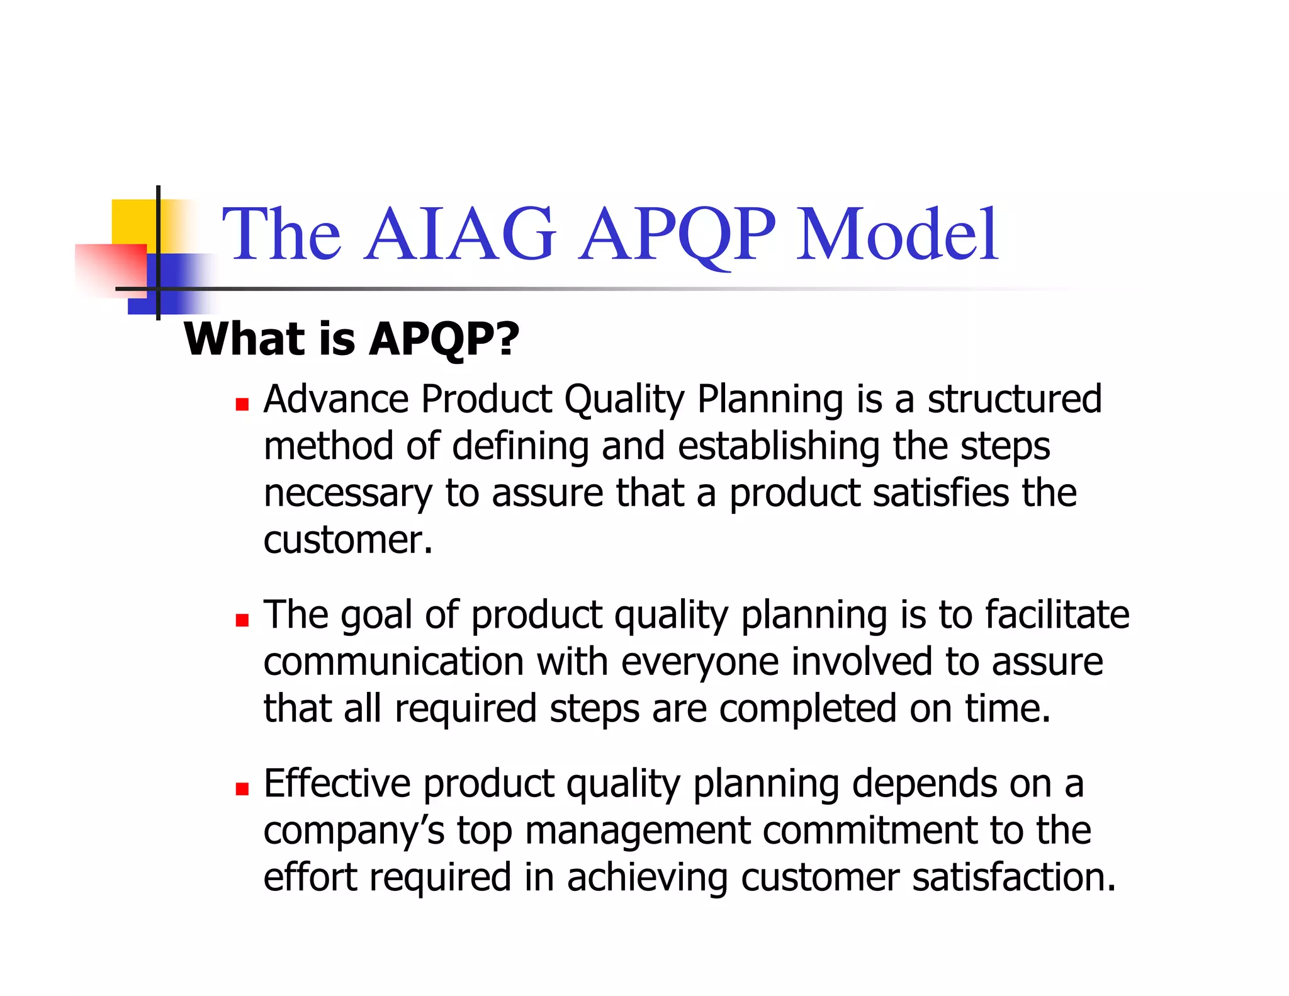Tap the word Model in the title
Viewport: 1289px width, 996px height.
point(896,234)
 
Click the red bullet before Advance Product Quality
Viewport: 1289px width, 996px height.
point(242,404)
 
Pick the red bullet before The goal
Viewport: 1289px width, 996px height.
point(242,620)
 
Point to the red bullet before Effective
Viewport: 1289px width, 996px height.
point(242,788)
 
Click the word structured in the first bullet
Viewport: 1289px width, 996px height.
point(1015,399)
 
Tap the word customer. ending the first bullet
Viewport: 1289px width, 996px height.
point(348,540)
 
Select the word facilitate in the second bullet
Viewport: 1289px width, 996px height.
point(1057,615)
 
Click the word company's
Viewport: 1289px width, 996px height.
point(354,831)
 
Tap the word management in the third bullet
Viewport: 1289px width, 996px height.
point(638,831)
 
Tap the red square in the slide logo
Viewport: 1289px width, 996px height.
point(110,268)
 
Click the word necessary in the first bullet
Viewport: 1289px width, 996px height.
point(347,494)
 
